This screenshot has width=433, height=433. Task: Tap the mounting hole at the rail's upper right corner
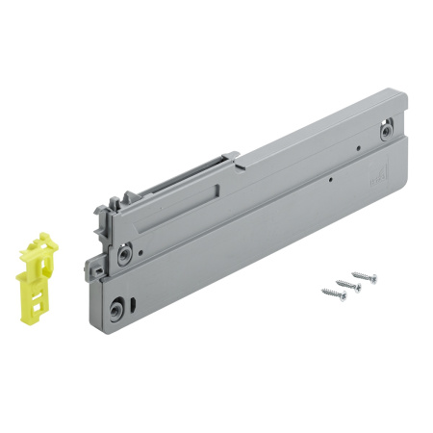click(x=386, y=129)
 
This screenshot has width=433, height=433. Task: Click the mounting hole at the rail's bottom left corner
click(x=116, y=309)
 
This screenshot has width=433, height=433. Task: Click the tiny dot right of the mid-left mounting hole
click(x=140, y=253)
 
